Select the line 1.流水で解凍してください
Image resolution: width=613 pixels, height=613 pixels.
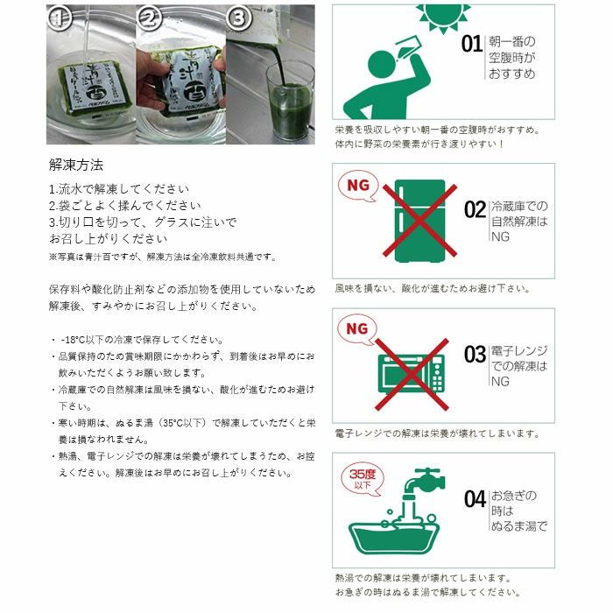click(119, 188)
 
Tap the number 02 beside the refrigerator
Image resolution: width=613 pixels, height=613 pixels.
click(475, 210)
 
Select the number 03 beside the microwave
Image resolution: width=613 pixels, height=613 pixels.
click(475, 355)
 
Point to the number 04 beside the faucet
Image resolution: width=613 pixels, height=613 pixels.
click(475, 499)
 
